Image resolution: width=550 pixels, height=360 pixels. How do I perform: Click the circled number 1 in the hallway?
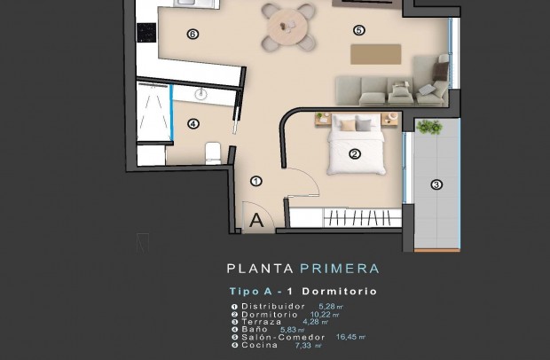[x=255, y=181]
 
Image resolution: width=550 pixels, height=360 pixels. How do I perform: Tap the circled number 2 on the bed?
[x=355, y=153]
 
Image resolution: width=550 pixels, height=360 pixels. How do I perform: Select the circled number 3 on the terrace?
[x=436, y=185]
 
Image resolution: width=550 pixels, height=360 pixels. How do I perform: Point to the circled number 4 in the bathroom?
[x=192, y=124]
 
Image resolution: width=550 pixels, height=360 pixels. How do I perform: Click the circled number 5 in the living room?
[x=358, y=29]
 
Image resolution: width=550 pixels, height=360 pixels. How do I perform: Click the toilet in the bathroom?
[x=213, y=154]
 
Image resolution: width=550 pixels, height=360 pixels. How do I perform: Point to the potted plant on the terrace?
[x=429, y=127]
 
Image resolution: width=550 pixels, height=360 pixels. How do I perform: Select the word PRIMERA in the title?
[x=342, y=268]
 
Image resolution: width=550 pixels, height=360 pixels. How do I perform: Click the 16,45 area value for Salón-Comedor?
[x=349, y=337]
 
